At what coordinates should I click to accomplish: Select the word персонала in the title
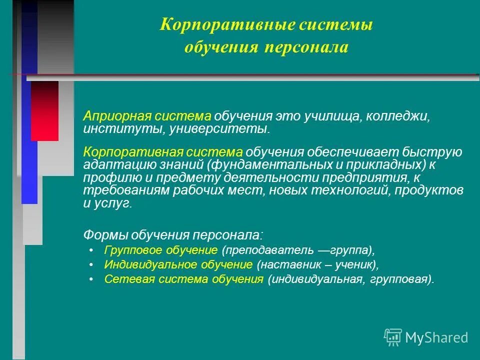point(305,47)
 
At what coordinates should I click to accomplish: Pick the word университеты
point(219,129)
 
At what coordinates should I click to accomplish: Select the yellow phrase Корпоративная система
point(163,152)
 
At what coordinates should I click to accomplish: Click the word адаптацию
point(116,165)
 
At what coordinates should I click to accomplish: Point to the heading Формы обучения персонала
point(172,234)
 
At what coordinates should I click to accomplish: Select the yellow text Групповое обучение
point(161,249)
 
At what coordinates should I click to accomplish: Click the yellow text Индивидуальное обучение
point(178,264)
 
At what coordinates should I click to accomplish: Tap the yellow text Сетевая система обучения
point(183,279)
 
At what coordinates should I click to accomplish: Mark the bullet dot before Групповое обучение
point(90,250)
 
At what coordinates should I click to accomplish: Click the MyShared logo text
point(436,337)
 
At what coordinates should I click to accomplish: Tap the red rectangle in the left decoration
point(44,110)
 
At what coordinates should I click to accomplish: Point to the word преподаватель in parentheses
point(269,249)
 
